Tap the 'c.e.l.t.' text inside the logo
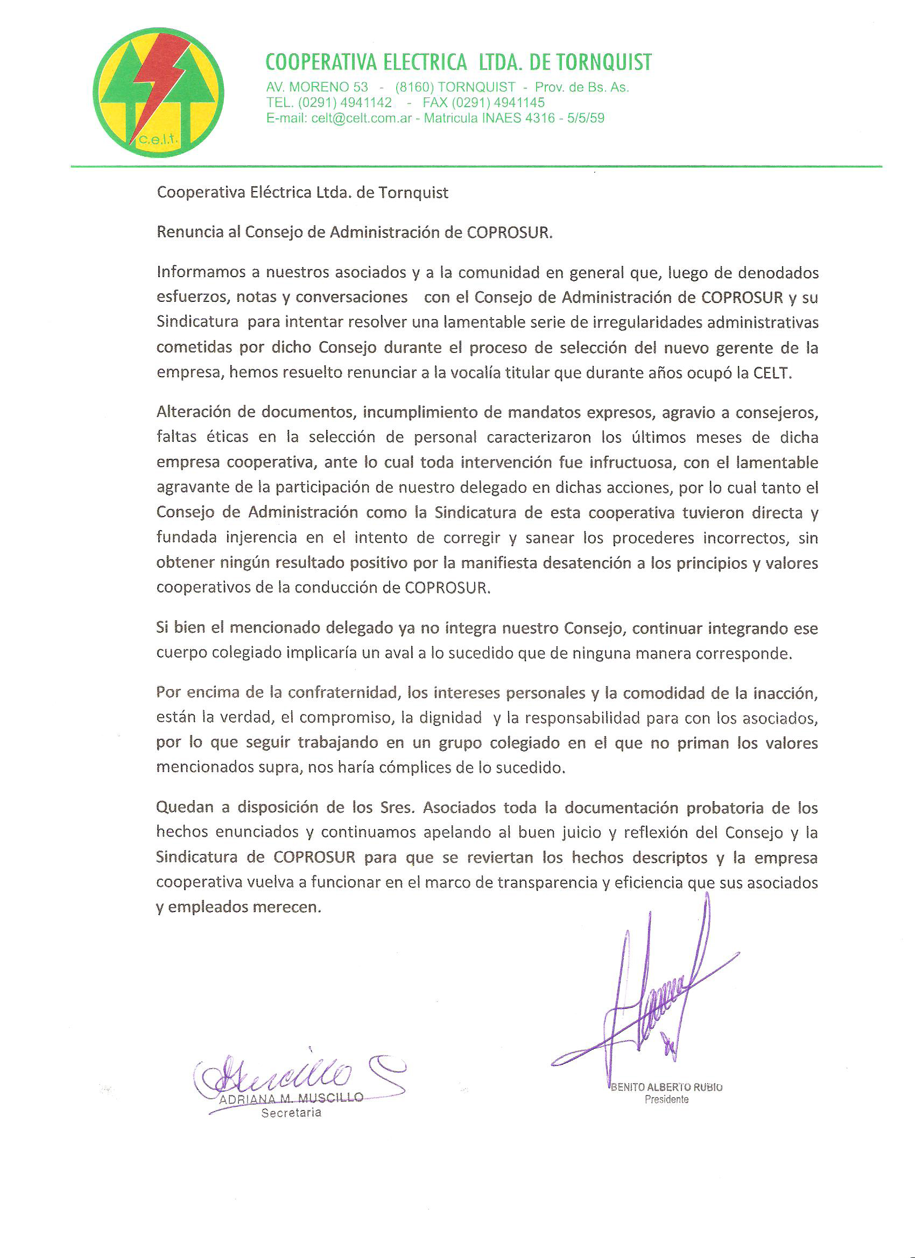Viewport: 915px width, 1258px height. point(158,140)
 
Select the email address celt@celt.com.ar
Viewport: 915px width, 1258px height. point(361,118)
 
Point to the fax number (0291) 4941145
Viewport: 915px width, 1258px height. point(498,103)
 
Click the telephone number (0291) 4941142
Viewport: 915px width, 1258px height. point(344,103)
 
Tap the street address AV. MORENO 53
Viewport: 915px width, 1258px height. point(317,87)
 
